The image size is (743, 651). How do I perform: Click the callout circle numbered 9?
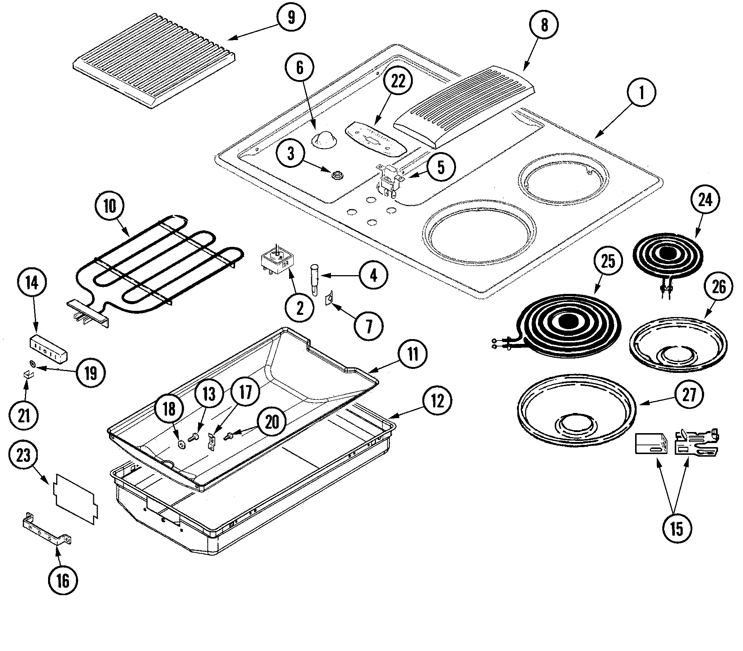click(x=291, y=18)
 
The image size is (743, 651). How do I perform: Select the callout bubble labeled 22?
click(x=398, y=81)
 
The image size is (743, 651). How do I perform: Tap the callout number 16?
click(x=63, y=581)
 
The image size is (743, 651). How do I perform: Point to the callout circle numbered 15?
click(x=677, y=529)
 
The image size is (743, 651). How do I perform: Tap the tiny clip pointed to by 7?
click(x=329, y=298)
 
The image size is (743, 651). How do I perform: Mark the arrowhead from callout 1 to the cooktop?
click(x=597, y=137)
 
